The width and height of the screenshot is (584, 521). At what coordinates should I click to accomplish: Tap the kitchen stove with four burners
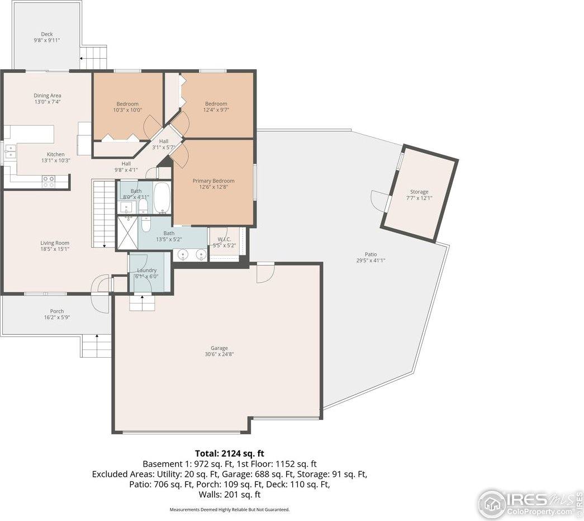coord(49,181)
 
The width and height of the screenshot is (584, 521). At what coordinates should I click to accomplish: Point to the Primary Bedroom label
coord(213,181)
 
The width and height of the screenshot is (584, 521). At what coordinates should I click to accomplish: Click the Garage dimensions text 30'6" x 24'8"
coord(219,354)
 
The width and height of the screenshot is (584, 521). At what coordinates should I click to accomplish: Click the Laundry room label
coord(146,271)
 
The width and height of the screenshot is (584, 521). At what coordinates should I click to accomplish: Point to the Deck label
coord(47,34)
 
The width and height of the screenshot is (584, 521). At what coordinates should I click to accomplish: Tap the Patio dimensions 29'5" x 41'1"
coord(371,260)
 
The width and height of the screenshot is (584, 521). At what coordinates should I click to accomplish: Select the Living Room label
coord(55,243)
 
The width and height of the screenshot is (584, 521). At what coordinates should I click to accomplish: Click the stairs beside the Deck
coord(93,56)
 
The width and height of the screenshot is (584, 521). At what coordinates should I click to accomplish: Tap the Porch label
coord(56,311)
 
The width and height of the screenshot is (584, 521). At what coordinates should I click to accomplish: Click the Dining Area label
coord(48,96)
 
